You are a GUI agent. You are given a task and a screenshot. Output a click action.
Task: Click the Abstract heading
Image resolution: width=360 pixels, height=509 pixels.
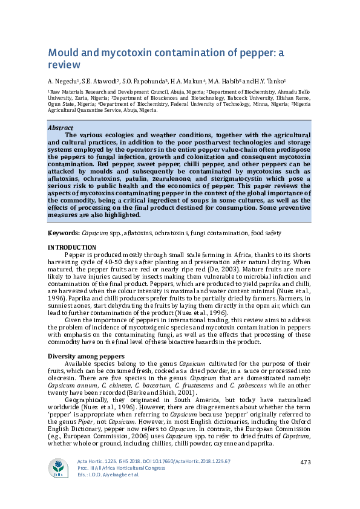[60, 128]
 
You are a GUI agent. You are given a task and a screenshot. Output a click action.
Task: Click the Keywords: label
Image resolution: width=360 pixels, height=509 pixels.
[63, 233]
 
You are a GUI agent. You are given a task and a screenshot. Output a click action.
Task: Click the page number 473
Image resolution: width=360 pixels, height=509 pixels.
[306, 462]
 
